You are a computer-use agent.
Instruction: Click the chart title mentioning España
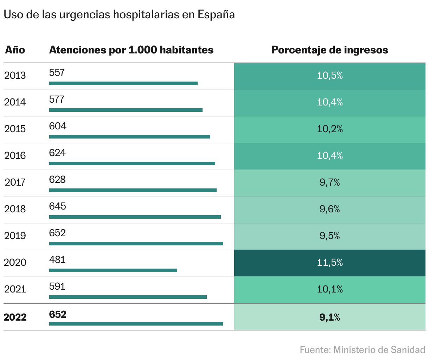(x=119, y=14)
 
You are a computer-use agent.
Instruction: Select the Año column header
(x=15, y=50)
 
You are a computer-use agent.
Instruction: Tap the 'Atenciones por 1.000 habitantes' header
(x=131, y=50)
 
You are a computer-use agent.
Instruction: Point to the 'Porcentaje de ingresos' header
(x=329, y=50)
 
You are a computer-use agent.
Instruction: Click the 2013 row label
(x=15, y=75)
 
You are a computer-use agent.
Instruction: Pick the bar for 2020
(x=113, y=270)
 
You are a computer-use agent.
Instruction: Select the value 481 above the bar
(x=57, y=260)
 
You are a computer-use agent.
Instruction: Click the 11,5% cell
(x=329, y=263)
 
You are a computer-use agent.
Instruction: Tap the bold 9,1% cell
(x=329, y=317)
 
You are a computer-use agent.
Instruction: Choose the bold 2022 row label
(x=15, y=317)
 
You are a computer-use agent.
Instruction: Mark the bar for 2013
(x=123, y=83)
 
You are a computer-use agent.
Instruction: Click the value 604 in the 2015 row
(x=58, y=126)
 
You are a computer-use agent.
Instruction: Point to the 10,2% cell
(x=329, y=129)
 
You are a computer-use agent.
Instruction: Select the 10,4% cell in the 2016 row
(x=329, y=156)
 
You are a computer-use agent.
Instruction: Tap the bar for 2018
(x=135, y=217)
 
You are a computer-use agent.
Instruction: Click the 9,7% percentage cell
(x=329, y=182)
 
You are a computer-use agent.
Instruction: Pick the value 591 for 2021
(x=57, y=287)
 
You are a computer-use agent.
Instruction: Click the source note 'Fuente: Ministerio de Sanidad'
(x=362, y=350)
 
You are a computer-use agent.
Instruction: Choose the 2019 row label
(x=15, y=236)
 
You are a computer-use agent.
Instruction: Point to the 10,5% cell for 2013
(x=329, y=76)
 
